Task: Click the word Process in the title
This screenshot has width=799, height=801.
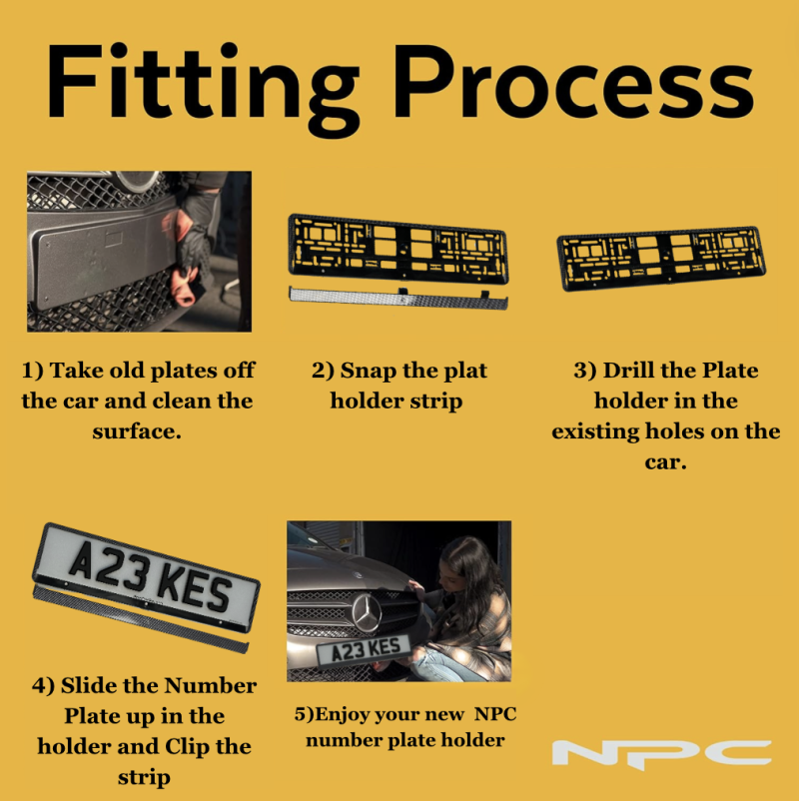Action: click(x=572, y=81)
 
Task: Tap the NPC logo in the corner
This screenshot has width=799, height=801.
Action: click(x=661, y=752)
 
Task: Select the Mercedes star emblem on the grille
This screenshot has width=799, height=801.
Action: click(x=368, y=611)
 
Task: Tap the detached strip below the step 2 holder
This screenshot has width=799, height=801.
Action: click(x=399, y=298)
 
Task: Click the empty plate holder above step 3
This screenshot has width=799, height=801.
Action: click(x=661, y=259)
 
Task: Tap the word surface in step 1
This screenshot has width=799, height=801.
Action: click(x=137, y=432)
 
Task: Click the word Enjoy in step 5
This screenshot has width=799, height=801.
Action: click(x=340, y=715)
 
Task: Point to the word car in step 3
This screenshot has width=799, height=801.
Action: click(x=665, y=463)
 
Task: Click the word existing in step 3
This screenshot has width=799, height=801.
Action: click(x=595, y=432)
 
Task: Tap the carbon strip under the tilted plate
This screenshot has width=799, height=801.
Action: click(x=141, y=619)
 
